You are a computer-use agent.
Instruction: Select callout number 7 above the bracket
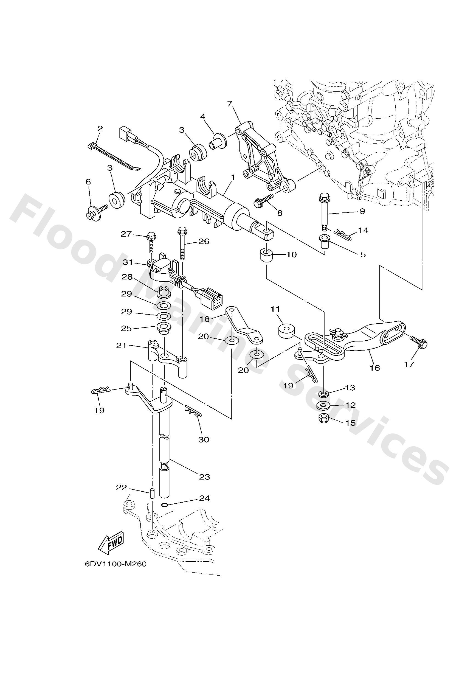230,104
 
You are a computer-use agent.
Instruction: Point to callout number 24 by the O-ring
204,498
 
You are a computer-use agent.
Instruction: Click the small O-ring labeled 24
165,505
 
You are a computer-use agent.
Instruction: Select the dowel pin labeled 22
153,493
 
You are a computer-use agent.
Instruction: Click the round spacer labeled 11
286,330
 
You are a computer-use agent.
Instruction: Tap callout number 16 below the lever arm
375,368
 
